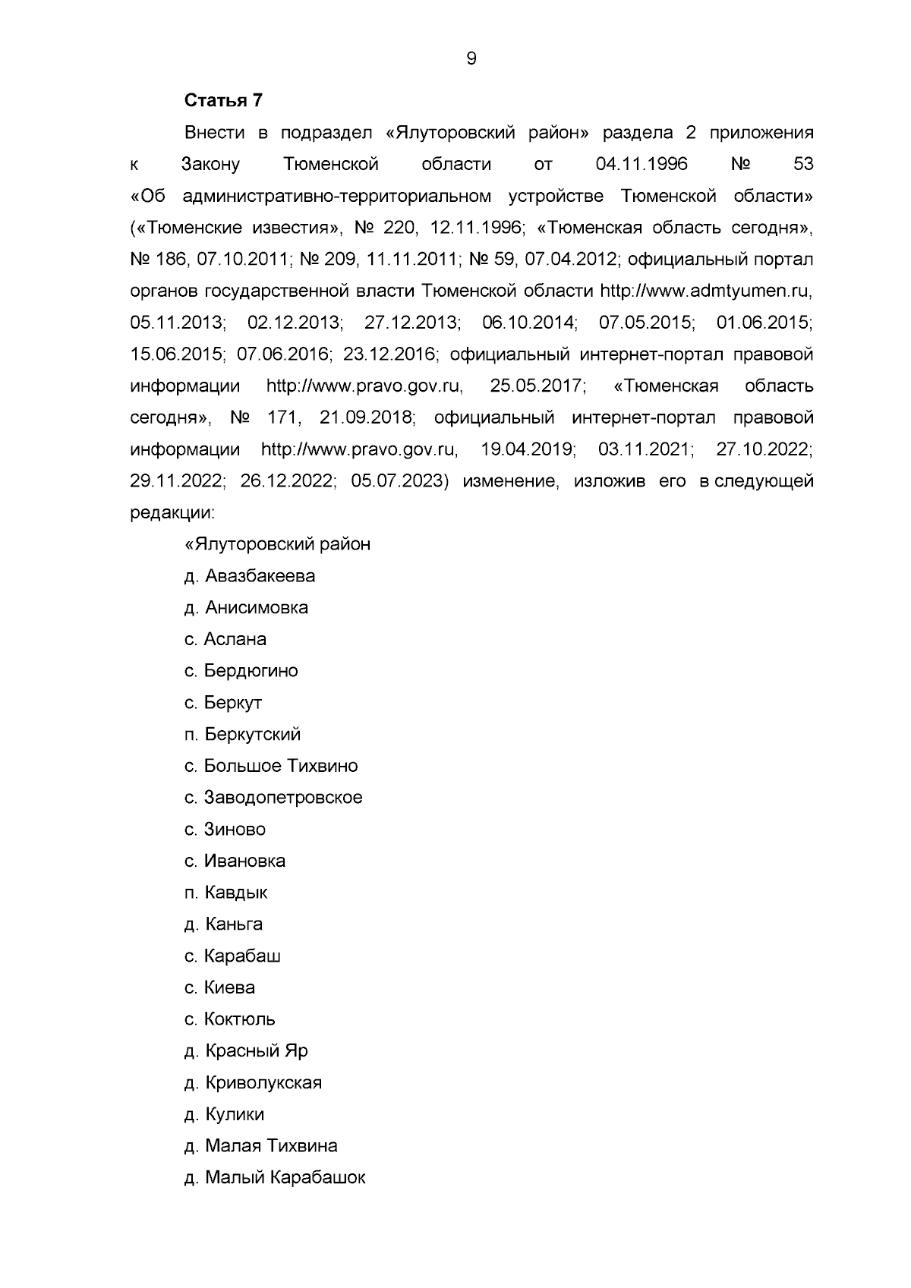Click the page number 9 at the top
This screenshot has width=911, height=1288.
471,59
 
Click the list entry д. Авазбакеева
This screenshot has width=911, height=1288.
250,576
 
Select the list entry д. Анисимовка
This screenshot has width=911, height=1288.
246,608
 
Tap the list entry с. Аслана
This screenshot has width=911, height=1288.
225,640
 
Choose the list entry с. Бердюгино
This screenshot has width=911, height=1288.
241,672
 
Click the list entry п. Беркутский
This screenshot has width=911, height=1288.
243,735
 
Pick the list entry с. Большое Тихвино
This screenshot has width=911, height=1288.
271,767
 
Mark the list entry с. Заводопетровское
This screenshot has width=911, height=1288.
273,798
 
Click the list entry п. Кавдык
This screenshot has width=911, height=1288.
226,893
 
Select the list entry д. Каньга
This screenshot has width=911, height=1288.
224,924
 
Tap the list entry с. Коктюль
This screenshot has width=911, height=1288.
230,1019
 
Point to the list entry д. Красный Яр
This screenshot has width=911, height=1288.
246,1051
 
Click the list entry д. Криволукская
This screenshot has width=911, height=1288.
254,1083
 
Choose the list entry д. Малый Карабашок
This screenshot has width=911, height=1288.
275,1178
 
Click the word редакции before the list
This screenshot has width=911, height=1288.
172,514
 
